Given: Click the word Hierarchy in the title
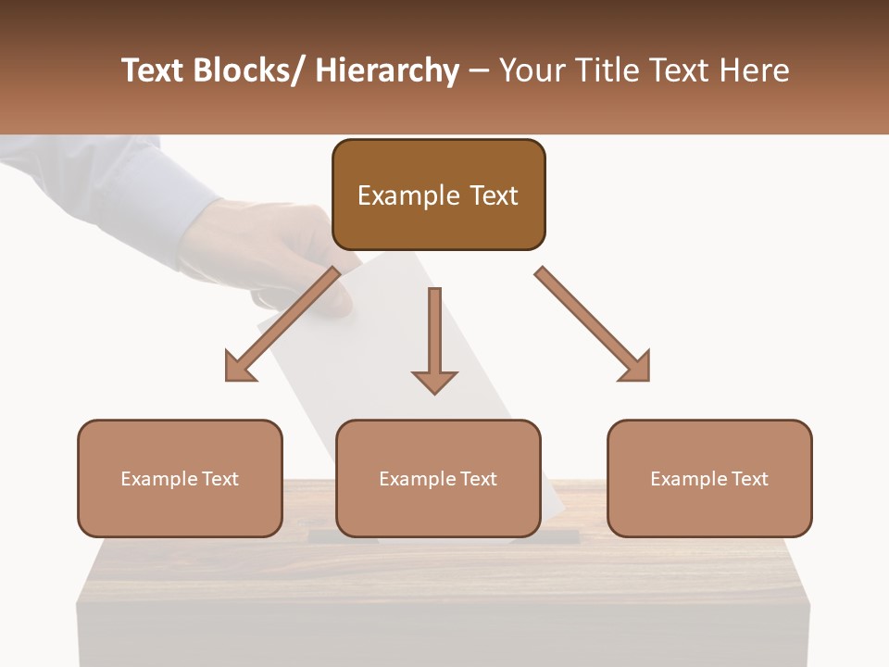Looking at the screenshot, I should (387, 70).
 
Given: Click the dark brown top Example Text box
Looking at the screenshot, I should (438, 195).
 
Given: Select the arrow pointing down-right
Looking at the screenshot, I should (593, 324).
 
